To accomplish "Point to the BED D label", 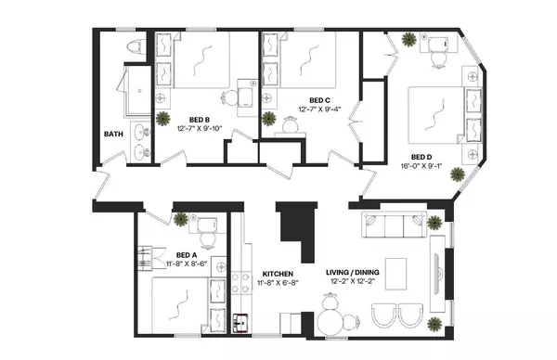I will pyautogui.click(x=422, y=157).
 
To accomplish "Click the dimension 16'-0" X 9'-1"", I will pyautogui.click(x=422, y=168).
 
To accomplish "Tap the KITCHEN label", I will pyautogui.click(x=278, y=274).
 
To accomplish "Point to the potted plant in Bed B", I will pyautogui.click(x=163, y=118).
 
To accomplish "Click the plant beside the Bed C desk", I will pyautogui.click(x=269, y=118).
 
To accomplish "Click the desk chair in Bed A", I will pyautogui.click(x=210, y=239).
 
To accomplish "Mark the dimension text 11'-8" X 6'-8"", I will pyautogui.click(x=278, y=284).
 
